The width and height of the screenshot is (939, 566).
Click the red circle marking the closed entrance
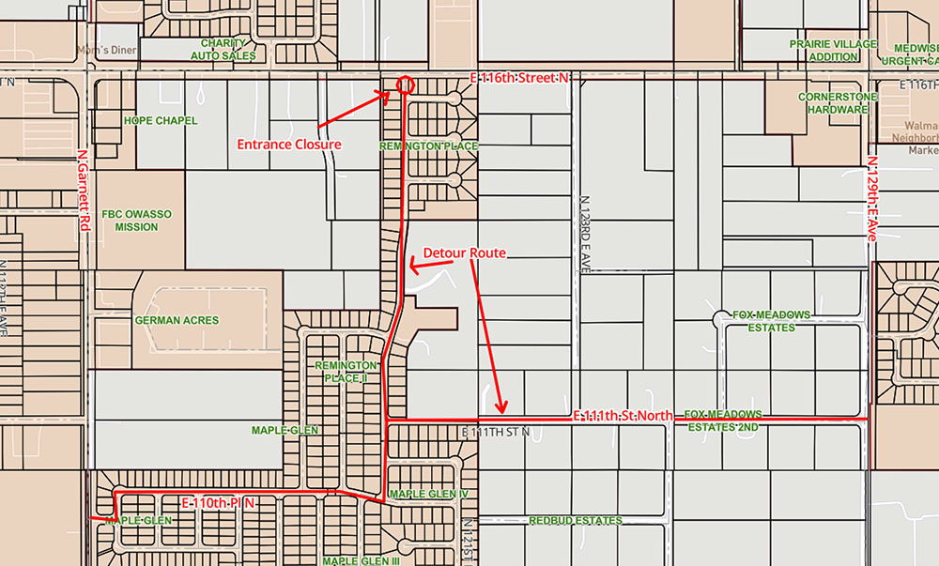[x=406, y=84]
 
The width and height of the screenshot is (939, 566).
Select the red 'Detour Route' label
[x=465, y=253]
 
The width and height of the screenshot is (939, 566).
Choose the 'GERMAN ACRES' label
[x=177, y=320]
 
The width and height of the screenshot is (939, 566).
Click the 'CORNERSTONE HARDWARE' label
[x=832, y=103]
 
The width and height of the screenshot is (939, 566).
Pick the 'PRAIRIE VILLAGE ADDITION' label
[x=833, y=51]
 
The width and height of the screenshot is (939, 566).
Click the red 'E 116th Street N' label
[x=520, y=78]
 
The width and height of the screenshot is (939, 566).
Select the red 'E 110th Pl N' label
[x=218, y=504]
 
